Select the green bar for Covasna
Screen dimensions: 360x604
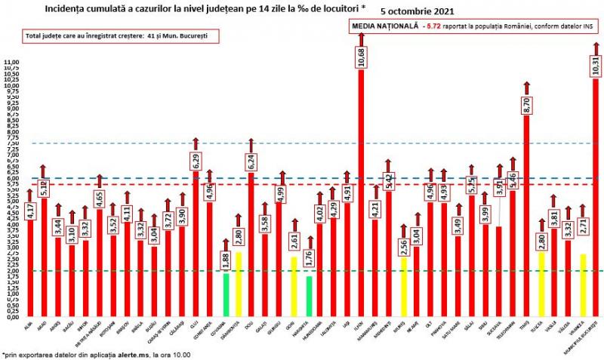225,294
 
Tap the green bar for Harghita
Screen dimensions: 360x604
309,296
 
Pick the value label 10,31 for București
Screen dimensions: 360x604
596,66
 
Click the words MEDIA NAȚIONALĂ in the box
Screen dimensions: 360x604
386,26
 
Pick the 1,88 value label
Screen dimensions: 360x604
225,260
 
